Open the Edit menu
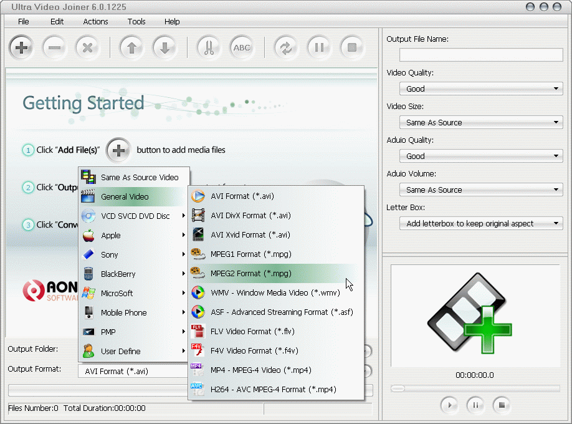57,21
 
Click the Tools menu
136,21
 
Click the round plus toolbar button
22,48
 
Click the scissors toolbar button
208,48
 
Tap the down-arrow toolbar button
164,48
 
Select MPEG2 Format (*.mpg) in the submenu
250,273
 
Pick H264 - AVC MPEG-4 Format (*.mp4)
273,389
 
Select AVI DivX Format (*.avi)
250,215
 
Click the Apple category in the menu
111,235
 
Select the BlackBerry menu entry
118,274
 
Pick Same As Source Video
140,177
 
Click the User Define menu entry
121,351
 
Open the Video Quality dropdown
481,89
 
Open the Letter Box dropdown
481,223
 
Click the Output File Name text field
481,55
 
